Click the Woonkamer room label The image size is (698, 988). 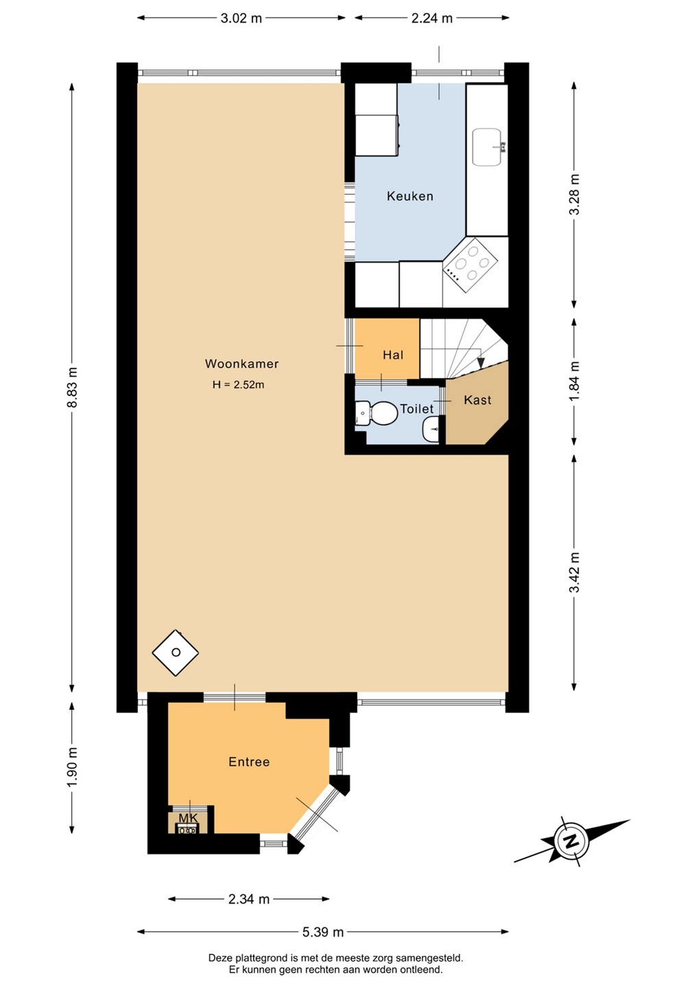tap(241, 364)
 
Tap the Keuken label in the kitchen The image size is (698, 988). tap(410, 196)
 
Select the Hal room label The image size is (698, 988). tap(393, 355)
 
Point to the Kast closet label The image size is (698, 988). tap(478, 400)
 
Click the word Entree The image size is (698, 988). tap(249, 762)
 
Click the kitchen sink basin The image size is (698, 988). tap(487, 148)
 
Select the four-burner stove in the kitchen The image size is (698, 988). tap(470, 263)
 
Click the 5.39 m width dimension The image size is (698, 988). tap(323, 932)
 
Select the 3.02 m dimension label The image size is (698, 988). tap(241, 18)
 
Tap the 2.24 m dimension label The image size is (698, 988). tap(432, 18)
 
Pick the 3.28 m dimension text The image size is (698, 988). tap(574, 195)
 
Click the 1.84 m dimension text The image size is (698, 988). tap(574, 381)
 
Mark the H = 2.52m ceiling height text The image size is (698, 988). tap(239, 385)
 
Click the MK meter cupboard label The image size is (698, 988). tap(188, 819)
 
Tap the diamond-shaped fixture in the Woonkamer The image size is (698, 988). tap(176, 652)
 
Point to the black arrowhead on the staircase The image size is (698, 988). tap(481, 362)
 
